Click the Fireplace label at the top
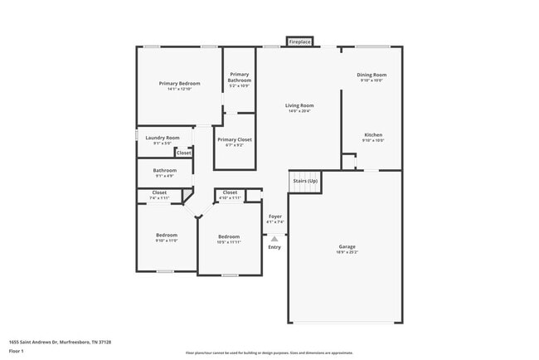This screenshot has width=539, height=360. coord(299,41)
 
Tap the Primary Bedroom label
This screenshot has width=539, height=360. coord(180,83)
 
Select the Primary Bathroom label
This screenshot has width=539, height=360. coord(240,77)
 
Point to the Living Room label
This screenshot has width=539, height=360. coord(299,105)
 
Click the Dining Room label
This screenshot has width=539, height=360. coord(372,75)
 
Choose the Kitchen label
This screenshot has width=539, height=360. coord(372,134)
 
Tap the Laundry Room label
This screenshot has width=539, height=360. coord(163,138)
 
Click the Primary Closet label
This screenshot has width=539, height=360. coord(235,139)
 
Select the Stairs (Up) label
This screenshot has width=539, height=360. coord(304,180)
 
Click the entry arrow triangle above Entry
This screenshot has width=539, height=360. coord(274,237)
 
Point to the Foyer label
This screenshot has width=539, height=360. coord(274,216)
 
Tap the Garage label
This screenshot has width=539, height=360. coord(347,246)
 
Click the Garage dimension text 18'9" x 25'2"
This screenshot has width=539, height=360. coord(347,252)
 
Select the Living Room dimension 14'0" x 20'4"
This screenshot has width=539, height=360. coord(299,111)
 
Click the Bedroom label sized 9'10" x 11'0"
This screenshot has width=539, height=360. coord(167,235)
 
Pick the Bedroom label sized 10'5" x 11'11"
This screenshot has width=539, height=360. coord(229,236)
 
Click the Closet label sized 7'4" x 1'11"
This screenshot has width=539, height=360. coord(158,192)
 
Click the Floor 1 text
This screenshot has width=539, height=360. coord(17,352)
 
